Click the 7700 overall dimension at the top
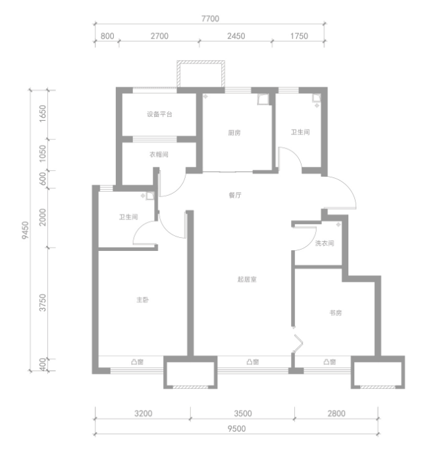[210, 18]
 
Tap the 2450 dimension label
[236, 36]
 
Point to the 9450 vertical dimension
[26, 230]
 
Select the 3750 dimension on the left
[43, 302]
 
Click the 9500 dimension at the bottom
[237, 429]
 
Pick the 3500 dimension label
[243, 414]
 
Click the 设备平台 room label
[159, 114]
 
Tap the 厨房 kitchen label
[234, 133]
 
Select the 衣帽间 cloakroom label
[159, 154]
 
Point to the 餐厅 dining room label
[235, 195]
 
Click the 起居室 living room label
[247, 279]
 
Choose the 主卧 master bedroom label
[143, 300]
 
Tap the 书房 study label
[336, 313]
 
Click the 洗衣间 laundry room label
[325, 243]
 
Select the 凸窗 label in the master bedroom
[137, 362]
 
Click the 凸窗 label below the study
[329, 362]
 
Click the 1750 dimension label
[299, 36]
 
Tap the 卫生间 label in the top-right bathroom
[300, 132]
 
